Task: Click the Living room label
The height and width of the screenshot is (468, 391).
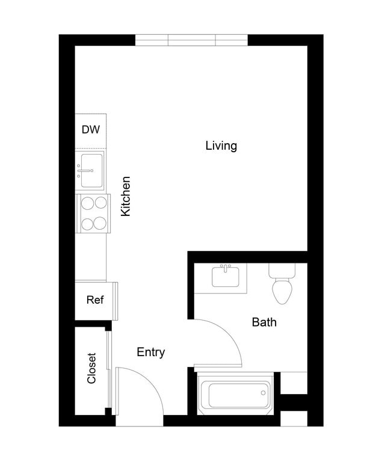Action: click(221, 146)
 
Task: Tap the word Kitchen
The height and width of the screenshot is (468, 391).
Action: click(126, 197)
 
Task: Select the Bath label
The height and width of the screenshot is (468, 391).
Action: click(263, 322)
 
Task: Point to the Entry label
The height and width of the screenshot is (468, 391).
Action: click(150, 353)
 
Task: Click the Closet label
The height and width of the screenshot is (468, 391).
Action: click(91, 368)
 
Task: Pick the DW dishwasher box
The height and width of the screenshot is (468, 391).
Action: click(91, 130)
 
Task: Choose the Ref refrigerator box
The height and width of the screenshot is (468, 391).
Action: click(94, 300)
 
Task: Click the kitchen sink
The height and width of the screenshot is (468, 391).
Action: click(90, 170)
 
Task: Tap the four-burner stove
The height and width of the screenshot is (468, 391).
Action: click(93, 214)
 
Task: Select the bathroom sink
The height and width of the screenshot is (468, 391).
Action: click(226, 277)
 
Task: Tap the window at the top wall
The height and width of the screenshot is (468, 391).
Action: click(191, 40)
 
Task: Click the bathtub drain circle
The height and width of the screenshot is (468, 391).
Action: click(263, 393)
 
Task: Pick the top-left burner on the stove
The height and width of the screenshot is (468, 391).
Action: click(86, 203)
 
